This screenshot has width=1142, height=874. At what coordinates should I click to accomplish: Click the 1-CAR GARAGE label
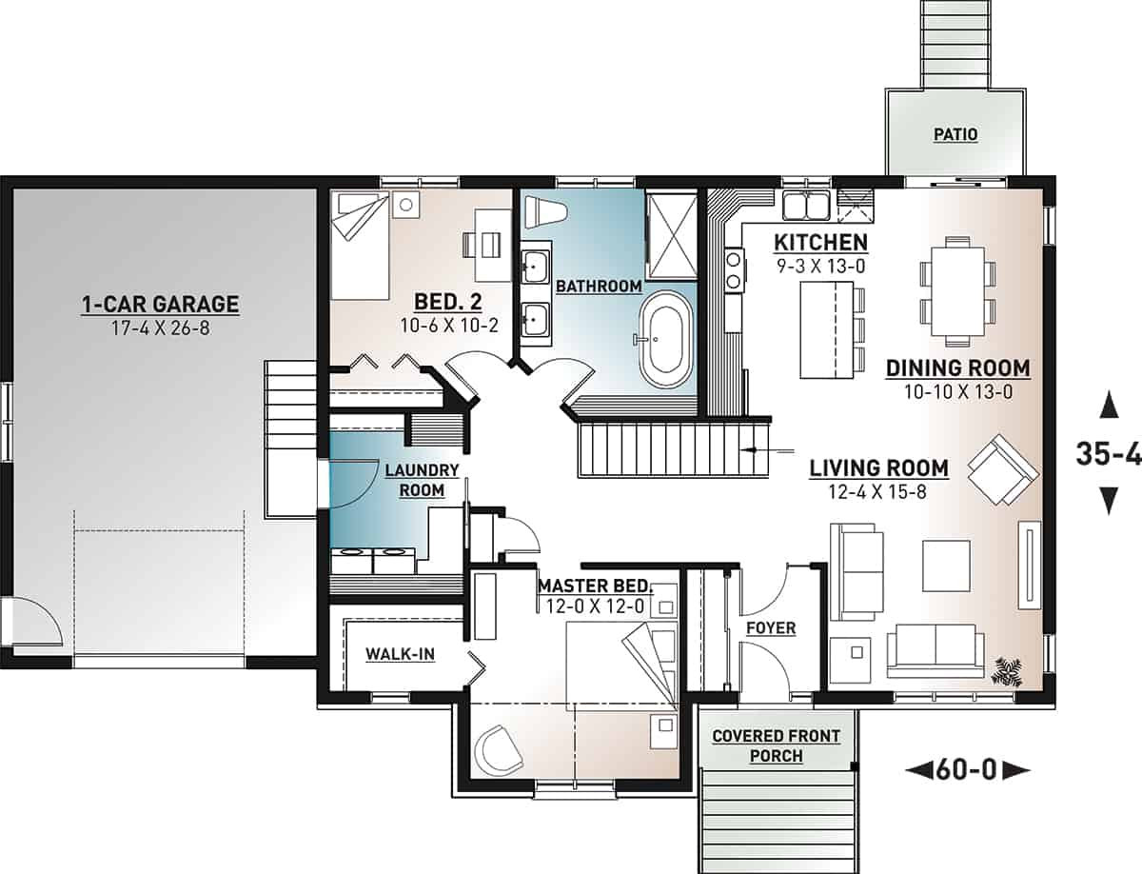(x=159, y=305)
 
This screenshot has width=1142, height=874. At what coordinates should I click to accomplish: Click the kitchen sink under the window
(x=808, y=205)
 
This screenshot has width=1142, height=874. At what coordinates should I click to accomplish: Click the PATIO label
(x=955, y=135)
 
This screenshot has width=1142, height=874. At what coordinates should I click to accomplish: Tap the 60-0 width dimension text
(x=969, y=769)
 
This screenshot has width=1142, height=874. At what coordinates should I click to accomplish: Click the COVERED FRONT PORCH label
(x=776, y=745)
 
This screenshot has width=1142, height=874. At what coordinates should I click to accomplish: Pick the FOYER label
(x=771, y=628)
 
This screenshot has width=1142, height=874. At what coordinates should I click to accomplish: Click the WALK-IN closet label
(x=401, y=655)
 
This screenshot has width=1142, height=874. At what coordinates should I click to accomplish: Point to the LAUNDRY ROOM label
(x=422, y=481)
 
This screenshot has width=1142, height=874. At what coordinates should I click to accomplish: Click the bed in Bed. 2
(x=360, y=245)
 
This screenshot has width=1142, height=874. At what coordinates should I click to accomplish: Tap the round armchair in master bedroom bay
(x=500, y=749)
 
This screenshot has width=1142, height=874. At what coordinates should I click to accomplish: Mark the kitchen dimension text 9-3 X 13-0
(x=819, y=266)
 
